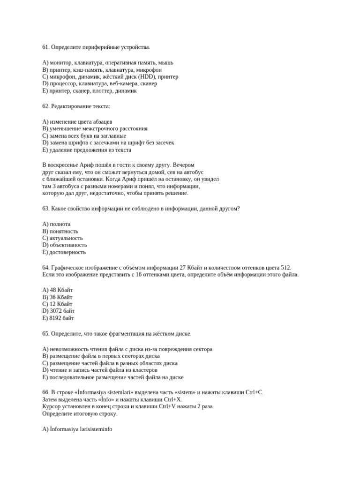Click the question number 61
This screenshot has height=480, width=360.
45,47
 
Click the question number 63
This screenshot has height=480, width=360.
45,209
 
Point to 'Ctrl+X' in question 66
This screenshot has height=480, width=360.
173,399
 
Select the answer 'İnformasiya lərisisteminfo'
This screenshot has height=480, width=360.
77,428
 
